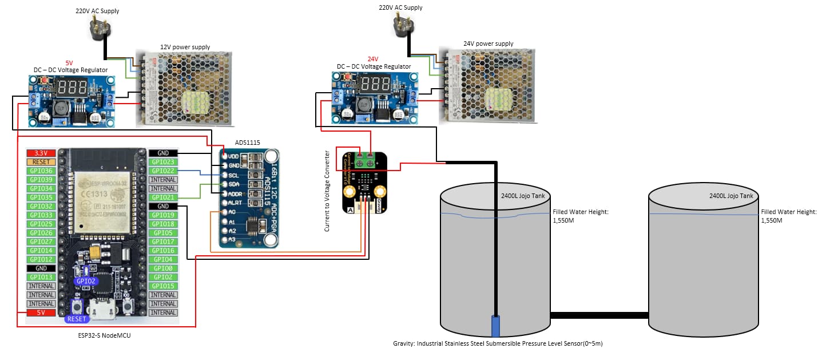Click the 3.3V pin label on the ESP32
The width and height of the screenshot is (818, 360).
[x=41, y=153]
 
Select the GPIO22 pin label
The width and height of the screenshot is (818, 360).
[x=163, y=171]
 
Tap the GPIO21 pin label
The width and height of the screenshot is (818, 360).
[x=163, y=197]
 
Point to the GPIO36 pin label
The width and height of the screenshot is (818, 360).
[x=41, y=171]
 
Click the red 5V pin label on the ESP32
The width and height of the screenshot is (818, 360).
[x=41, y=312]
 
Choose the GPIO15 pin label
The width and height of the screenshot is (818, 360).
[x=163, y=286]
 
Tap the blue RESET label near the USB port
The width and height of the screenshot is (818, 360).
[x=77, y=319]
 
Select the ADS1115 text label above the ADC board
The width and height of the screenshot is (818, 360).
[x=248, y=143]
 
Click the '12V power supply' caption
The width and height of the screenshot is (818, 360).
[x=185, y=47]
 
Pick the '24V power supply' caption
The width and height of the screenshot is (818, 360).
[x=488, y=43]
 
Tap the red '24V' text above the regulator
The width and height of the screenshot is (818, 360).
[x=373, y=59]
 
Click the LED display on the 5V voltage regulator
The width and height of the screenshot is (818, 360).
[x=72, y=88]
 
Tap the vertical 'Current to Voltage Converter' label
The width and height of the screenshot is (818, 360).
[x=327, y=191]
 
